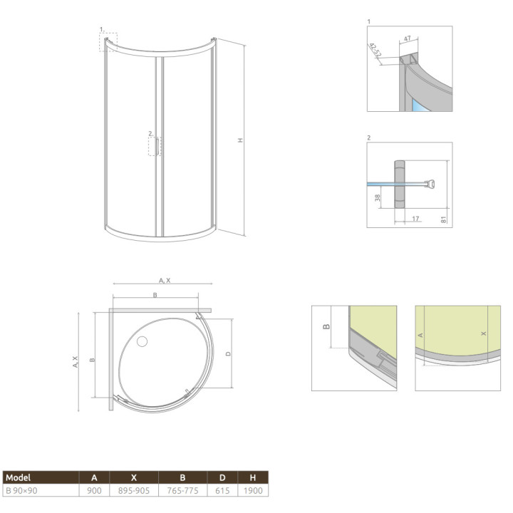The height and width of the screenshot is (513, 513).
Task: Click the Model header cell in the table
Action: [19, 477]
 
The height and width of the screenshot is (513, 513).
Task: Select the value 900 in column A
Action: [94, 491]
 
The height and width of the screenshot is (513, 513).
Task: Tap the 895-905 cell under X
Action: [134, 491]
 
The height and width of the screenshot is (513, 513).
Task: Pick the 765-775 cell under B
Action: [182, 491]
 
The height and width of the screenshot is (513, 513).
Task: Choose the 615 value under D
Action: [222, 491]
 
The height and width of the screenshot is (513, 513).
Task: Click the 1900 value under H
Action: [253, 491]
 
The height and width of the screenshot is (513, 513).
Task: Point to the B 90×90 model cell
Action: [21, 491]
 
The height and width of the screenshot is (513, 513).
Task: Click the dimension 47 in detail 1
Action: [407, 38]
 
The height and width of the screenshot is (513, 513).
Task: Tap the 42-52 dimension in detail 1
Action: [375, 49]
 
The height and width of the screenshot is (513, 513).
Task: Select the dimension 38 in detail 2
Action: [378, 197]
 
